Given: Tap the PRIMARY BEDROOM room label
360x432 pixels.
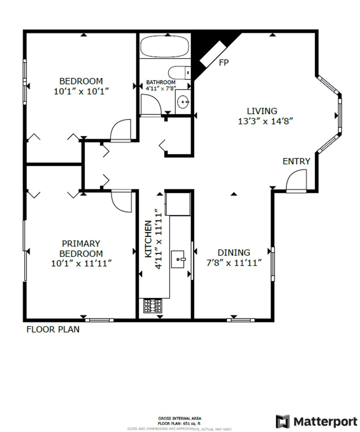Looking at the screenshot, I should coord(81,253).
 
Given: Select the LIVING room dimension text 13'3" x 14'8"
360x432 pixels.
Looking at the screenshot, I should coord(262,122).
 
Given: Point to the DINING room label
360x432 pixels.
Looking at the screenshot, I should coord(234,253).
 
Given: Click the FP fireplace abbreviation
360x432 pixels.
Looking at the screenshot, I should coord(223,62).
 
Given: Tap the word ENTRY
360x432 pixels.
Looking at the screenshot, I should coord(297,161).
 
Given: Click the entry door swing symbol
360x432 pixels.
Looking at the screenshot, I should coord(297,182).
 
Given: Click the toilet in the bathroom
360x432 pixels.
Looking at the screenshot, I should coord(179,73).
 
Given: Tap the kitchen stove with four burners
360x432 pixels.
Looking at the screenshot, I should coord(153,306).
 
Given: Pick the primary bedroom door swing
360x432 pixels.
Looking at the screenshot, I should coord(121,200).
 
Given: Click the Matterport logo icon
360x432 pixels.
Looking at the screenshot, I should coord(283,421).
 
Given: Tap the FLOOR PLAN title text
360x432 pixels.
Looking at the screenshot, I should coord(53,330).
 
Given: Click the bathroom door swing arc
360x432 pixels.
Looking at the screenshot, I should coord(150,105).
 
